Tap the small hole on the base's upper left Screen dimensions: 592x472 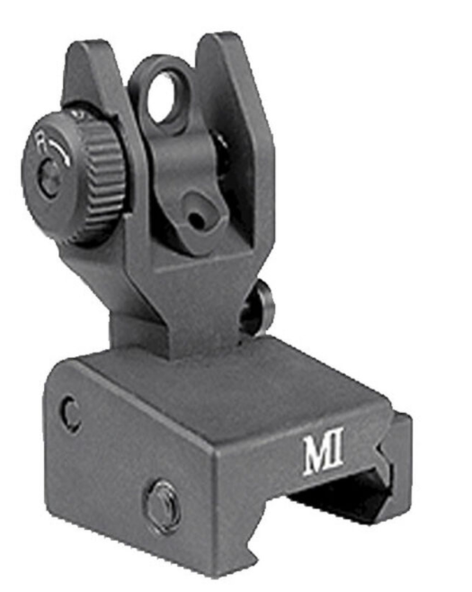pyautogui.click(x=68, y=414)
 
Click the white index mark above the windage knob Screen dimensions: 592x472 pyautogui.click(x=79, y=115)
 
